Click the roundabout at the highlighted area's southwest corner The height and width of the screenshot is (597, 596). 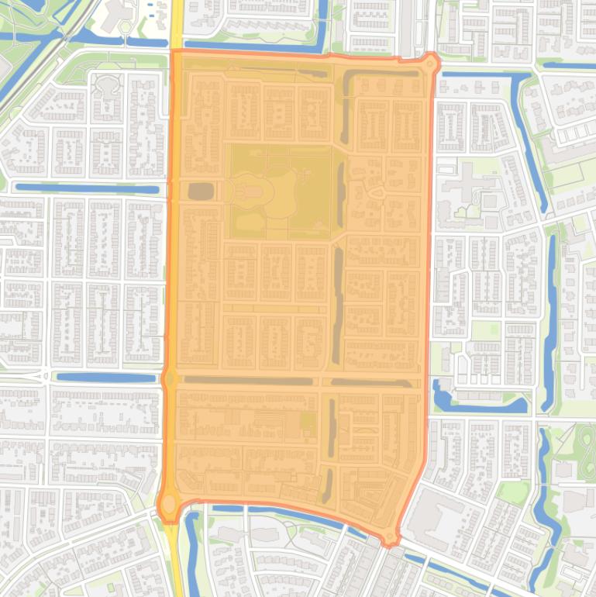168,504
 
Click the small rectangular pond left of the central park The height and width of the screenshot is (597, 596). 200,191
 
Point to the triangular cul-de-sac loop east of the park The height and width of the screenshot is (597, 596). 377,192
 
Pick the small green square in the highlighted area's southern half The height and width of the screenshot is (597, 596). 308,423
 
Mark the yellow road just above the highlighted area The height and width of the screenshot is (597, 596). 176,23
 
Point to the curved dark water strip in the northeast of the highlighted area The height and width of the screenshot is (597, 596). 347,101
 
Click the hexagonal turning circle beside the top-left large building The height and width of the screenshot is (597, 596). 125,28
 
